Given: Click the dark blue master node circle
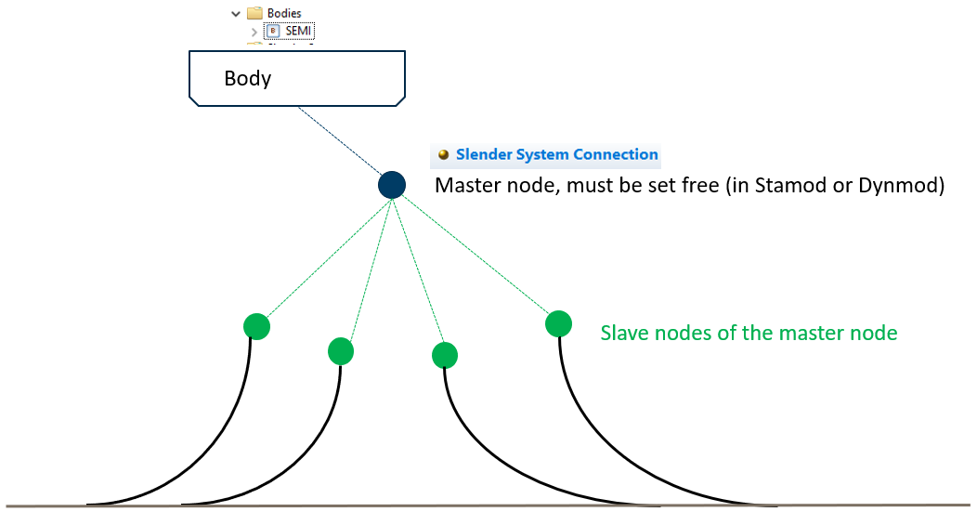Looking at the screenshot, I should pyautogui.click(x=392, y=184).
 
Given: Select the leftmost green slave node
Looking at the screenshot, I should pyautogui.click(x=256, y=326).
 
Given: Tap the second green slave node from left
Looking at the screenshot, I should pyautogui.click(x=341, y=350).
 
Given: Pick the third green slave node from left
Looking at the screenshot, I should pyautogui.click(x=445, y=355).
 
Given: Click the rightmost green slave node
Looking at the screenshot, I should pyautogui.click(x=558, y=323).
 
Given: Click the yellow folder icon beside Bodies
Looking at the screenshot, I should pyautogui.click(x=254, y=13).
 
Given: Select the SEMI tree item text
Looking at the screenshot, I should pyautogui.click(x=299, y=31).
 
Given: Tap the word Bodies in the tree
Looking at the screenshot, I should pyautogui.click(x=284, y=13).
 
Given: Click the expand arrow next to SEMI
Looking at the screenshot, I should pyautogui.click(x=254, y=32).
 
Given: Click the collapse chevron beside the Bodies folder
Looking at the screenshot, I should pyautogui.click(x=235, y=13).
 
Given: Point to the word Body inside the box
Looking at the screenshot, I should pyautogui.click(x=248, y=77).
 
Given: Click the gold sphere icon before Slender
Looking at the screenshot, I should pyautogui.click(x=444, y=155).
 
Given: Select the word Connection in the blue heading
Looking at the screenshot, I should pyautogui.click(x=616, y=154).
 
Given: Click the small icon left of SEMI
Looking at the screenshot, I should pyautogui.click(x=273, y=31).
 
